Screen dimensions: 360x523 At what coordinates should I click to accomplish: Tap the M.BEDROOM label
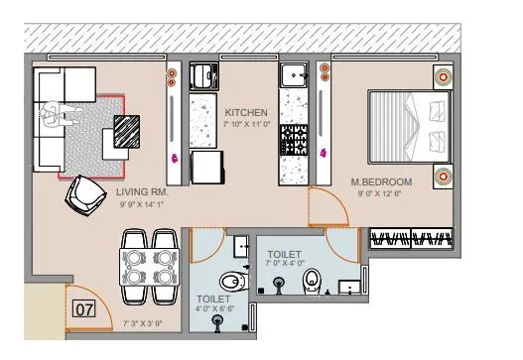[x=381, y=182]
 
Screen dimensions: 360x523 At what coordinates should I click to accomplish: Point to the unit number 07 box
[x=85, y=308]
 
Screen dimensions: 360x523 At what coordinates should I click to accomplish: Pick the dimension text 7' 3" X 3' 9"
[x=143, y=323]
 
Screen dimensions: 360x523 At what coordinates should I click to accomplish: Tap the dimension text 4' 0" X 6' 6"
[x=214, y=309]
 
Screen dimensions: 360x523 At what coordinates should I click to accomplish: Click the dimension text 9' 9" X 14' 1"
[x=144, y=204]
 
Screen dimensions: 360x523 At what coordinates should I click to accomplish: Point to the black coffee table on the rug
[x=128, y=131]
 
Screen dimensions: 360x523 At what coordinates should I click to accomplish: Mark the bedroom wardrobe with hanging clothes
[x=415, y=238]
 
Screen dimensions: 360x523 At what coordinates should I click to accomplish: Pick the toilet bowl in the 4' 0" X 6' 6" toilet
[x=230, y=278]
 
